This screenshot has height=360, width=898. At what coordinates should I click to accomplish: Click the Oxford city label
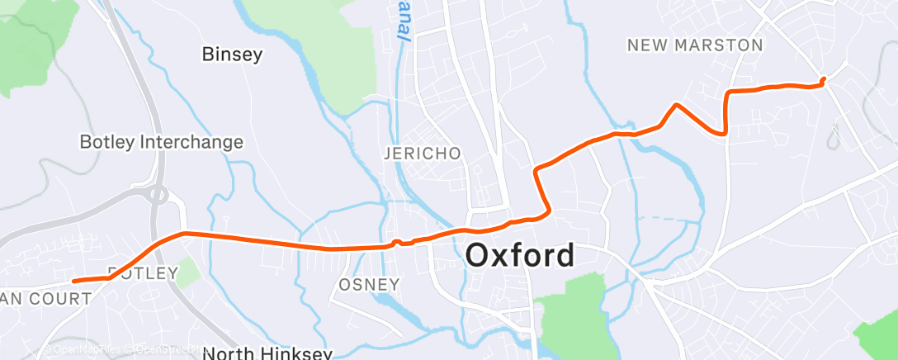(x=520, y=255)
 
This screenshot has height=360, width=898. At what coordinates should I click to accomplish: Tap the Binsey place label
(x=232, y=54)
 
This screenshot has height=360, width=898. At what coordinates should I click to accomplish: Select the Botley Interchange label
(x=161, y=142)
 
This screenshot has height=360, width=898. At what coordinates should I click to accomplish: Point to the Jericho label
(x=422, y=154)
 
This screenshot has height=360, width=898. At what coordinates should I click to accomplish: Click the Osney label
(x=369, y=285)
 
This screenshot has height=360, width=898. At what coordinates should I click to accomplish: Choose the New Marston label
(x=695, y=45)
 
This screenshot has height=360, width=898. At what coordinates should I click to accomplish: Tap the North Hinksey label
(x=267, y=353)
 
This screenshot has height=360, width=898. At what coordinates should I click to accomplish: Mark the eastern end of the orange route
(x=823, y=79)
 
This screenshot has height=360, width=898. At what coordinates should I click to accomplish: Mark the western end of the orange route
(x=74, y=281)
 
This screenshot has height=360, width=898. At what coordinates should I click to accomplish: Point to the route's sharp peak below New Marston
(x=677, y=105)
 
